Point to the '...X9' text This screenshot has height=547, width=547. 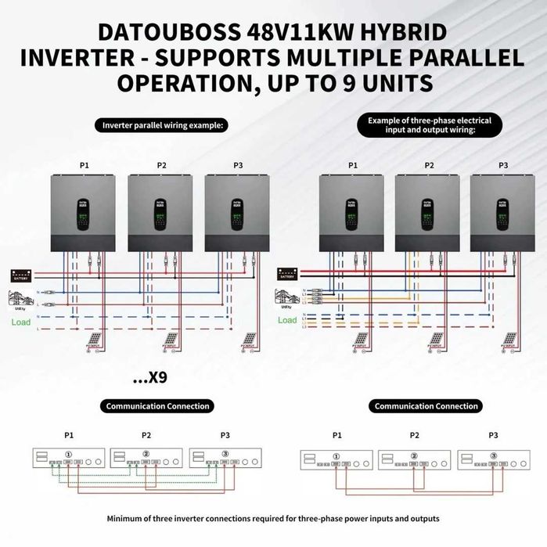[149, 378]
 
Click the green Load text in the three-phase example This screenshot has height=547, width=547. [287, 320]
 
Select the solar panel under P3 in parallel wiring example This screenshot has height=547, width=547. [249, 340]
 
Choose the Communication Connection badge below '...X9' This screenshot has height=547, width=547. [157, 406]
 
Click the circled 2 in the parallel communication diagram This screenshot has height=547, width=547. [146, 453]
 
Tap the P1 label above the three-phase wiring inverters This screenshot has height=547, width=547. [352, 165]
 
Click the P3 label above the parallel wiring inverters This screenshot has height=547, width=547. [238, 165]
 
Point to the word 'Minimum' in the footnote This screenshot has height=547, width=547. [127, 519]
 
